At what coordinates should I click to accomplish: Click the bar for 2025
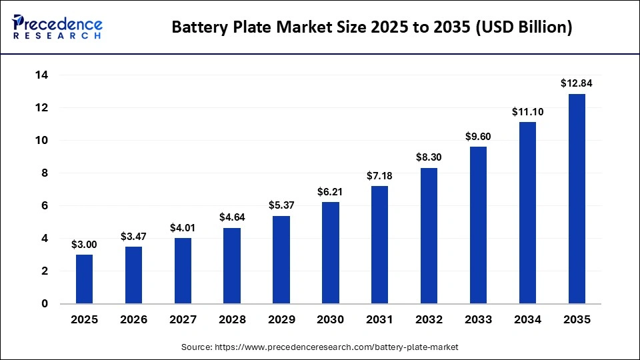point(84,279)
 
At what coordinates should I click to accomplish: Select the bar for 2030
point(330,253)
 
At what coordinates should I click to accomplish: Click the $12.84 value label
point(577,83)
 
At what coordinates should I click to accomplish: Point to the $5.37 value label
point(281,205)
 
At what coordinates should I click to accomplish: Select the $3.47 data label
point(133,236)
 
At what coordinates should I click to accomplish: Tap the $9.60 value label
point(478,136)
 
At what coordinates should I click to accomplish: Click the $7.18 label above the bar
point(379,175)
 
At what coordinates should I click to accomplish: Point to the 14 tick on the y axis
point(41,75)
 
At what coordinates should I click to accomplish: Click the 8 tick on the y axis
point(45,173)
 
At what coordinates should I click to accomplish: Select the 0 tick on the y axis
point(45,304)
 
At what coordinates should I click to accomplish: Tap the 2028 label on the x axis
point(232,320)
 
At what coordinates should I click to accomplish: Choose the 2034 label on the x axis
point(527,320)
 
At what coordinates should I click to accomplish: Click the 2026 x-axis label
point(133,320)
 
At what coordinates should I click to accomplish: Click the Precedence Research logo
point(57,27)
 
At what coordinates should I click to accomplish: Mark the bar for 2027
point(183,271)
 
